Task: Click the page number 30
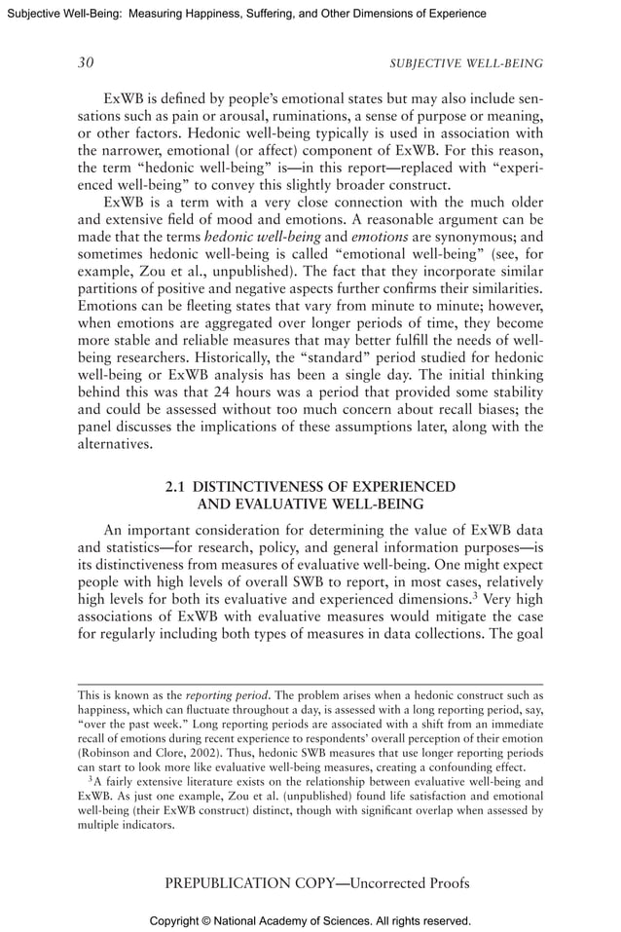pyautogui.click(x=86, y=63)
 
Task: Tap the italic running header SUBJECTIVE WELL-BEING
pyautogui.click(x=466, y=64)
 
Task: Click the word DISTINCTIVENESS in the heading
pyautogui.click(x=270, y=486)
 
